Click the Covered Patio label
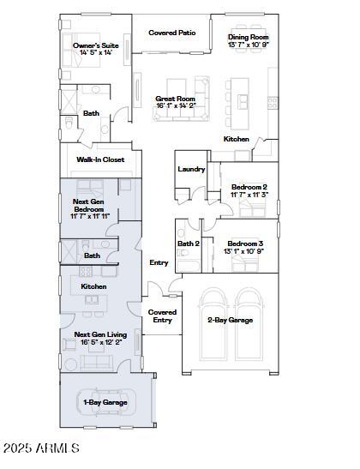(x=171, y=33)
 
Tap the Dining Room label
(x=249, y=38)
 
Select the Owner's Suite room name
(x=95, y=45)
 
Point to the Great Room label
(x=176, y=99)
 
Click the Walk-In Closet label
(x=100, y=159)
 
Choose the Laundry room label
(x=191, y=169)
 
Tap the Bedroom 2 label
(x=249, y=187)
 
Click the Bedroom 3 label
(x=245, y=244)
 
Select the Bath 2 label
(x=189, y=244)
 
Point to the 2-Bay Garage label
(x=230, y=320)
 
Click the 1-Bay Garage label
(x=105, y=401)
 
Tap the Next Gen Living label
(x=100, y=335)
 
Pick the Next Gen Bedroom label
(x=89, y=205)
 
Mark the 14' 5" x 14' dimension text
(x=96, y=52)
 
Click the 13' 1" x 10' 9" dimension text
(x=245, y=252)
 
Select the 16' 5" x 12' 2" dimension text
(x=101, y=343)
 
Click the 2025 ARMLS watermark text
(x=41, y=448)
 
